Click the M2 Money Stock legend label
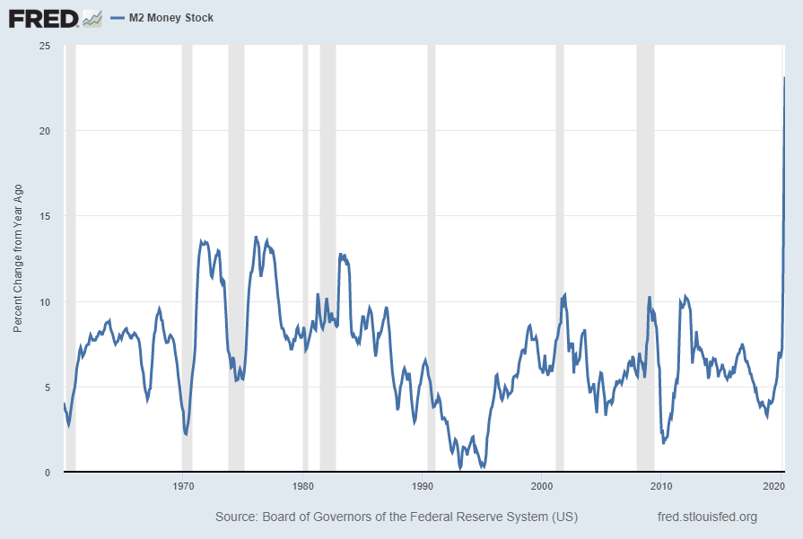[171, 18]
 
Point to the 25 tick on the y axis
[44, 46]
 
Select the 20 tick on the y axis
[44, 131]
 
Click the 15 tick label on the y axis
[44, 216]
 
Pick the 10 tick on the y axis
[44, 302]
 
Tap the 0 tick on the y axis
[47, 473]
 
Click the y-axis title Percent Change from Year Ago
[17, 259]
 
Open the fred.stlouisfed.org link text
[707, 517]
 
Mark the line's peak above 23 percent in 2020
[785, 78]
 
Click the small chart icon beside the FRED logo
[92, 18]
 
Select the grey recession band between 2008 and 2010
[645, 259]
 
